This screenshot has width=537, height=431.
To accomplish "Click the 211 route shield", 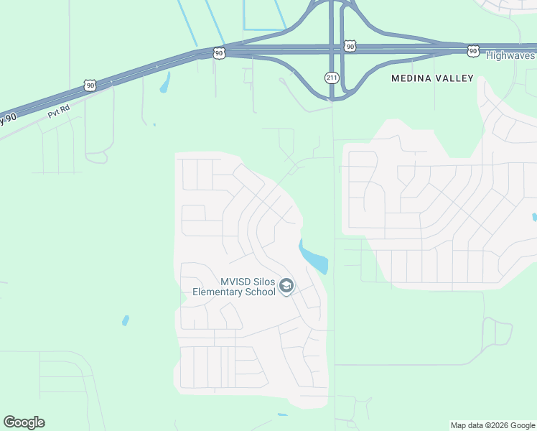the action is (x=331, y=77).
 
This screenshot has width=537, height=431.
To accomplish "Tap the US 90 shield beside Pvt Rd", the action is (x=89, y=85).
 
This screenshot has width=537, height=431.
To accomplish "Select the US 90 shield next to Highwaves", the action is (x=472, y=50).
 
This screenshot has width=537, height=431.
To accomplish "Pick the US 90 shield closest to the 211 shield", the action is (x=350, y=46).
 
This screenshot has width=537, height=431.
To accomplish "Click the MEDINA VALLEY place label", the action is (x=432, y=78).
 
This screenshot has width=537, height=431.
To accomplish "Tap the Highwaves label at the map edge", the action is (x=510, y=55).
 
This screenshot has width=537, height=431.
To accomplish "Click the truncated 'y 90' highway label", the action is (x=7, y=118).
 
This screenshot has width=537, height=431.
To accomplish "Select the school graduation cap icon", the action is (x=286, y=287).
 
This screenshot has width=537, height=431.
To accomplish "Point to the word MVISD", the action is (x=235, y=282).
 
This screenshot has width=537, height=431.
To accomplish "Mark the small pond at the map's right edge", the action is (x=534, y=217).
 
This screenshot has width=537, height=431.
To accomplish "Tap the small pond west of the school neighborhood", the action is (x=126, y=320).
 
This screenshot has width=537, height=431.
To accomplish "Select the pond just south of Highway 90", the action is (x=164, y=84).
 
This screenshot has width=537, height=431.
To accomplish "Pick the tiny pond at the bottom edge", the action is (x=282, y=414).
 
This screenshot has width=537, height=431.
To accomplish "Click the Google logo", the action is (x=24, y=422).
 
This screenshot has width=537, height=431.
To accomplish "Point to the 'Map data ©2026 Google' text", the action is (x=492, y=425).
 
